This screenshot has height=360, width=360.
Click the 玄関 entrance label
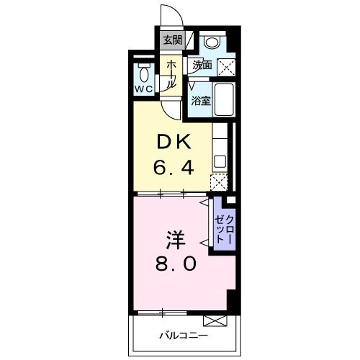point(171,40)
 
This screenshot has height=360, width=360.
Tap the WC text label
point(143,89)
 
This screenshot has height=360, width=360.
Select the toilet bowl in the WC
point(143,73)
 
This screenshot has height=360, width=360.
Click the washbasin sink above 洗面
point(212,42)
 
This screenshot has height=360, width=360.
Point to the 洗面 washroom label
point(202,65)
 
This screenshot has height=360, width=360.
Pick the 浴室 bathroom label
point(201,101)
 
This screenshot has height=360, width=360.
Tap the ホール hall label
point(171,73)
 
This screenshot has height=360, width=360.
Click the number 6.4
point(174,169)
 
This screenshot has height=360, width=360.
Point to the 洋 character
point(173,237)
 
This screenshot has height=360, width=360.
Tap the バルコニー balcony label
point(183,336)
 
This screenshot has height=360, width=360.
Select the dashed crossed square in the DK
point(218,181)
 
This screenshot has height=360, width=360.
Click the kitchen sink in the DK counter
point(220,161)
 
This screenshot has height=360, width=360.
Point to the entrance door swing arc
point(171,14)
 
